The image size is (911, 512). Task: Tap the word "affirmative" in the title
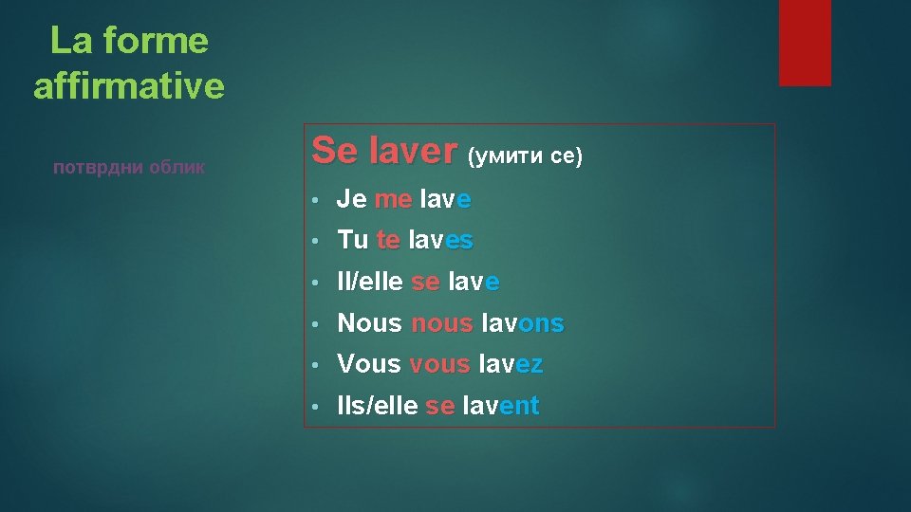tap(129, 86)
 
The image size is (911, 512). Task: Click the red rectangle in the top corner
tap(805, 42)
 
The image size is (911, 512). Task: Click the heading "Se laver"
tap(384, 151)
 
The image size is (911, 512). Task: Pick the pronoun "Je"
tap(352, 199)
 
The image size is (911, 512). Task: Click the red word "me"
tap(393, 199)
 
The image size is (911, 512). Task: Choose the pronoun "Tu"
tap(353, 241)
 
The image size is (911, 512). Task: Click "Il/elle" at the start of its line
tap(371, 282)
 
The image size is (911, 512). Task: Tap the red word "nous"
tap(441, 323)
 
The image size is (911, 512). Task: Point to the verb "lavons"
tap(522, 323)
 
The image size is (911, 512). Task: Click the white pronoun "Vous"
tap(369, 364)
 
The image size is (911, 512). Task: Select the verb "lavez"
tap(511, 364)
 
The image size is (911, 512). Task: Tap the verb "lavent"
tap(500, 406)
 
